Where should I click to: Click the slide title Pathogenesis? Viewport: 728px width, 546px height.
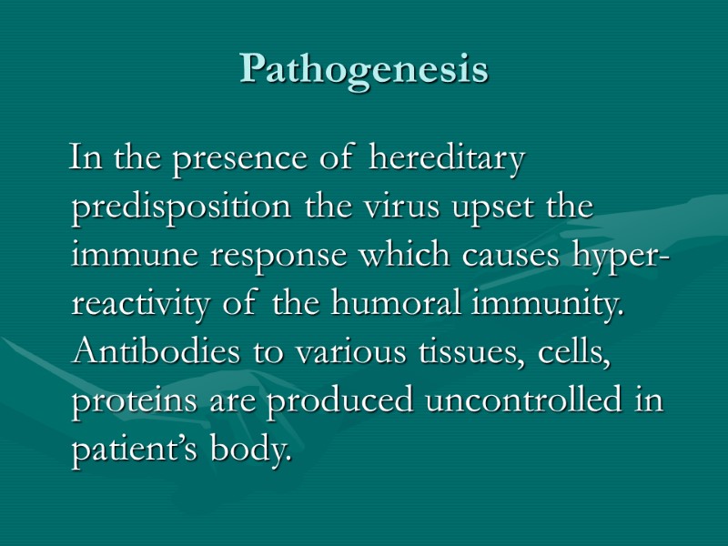point(364,69)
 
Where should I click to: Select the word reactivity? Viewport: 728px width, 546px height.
point(139,307)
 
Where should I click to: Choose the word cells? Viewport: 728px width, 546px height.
point(578,354)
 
